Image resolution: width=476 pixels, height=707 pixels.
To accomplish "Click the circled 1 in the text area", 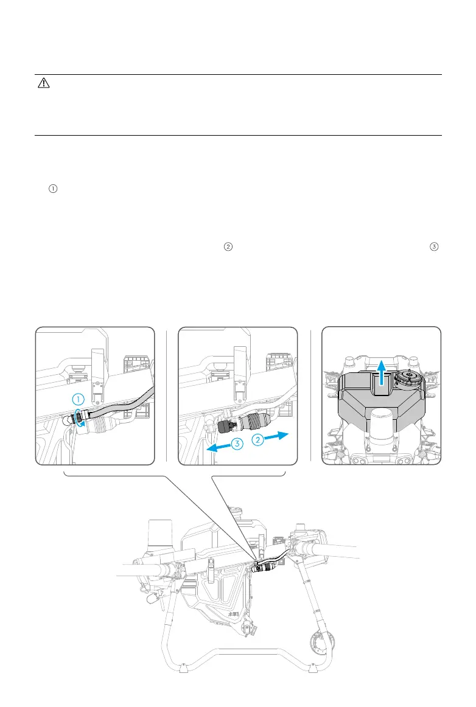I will point(53,189).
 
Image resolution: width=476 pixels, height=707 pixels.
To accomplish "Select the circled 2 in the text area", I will point(228,246).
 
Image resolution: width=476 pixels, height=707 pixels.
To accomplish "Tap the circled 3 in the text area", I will point(433,246).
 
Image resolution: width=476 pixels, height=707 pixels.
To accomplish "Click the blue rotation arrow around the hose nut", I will point(79,420).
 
